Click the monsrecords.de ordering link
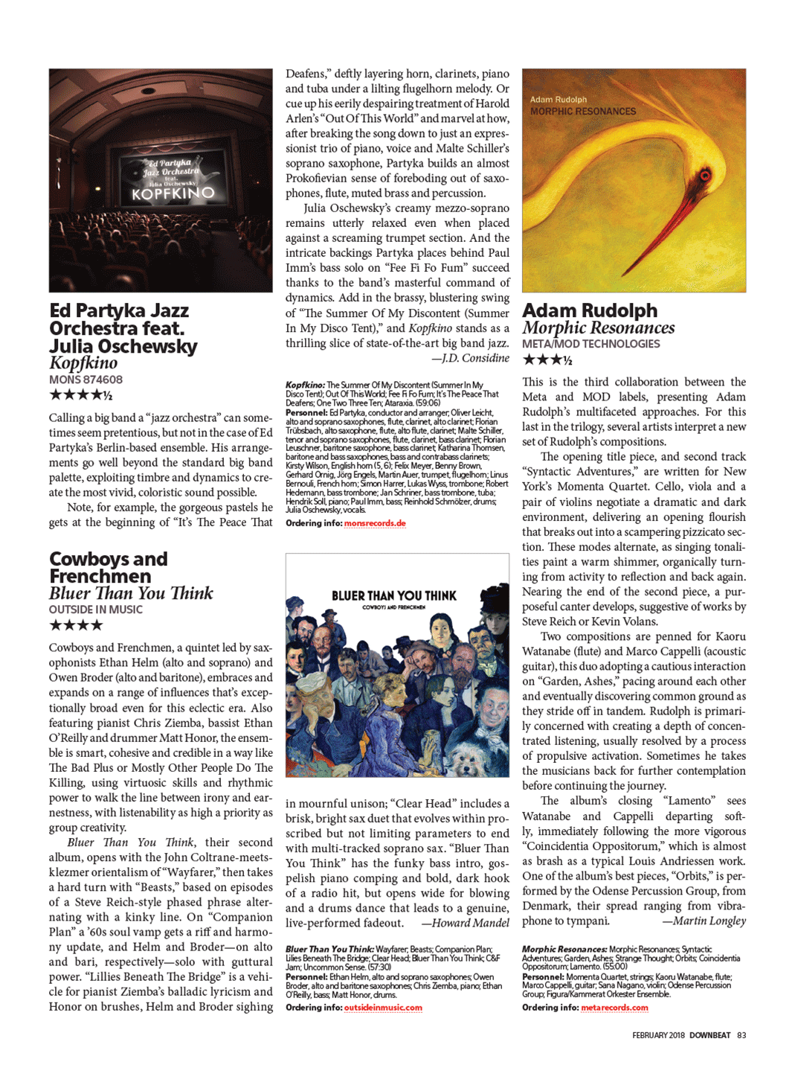375,523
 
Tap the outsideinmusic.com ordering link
383,1008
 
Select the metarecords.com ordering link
614,1008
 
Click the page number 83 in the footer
741,1035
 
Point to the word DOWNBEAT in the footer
709,1035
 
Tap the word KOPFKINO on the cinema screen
173,194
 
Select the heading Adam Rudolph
590,310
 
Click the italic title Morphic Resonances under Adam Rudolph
598,327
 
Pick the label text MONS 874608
86,380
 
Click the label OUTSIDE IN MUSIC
95,610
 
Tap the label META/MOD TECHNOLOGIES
590,344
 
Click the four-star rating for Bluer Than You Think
75,625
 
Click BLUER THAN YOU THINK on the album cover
394,595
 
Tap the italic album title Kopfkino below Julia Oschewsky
83,363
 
